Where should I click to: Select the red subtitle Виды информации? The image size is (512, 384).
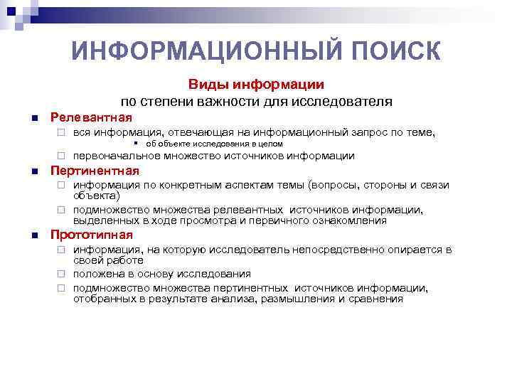tap(256, 85)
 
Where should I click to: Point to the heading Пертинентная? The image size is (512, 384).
tap(95, 171)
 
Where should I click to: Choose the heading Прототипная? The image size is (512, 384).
tap(92, 235)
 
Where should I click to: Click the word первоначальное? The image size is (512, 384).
tap(117, 156)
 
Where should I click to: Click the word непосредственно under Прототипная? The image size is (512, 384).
tap(364, 249)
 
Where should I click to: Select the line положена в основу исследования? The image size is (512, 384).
tap(161, 274)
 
